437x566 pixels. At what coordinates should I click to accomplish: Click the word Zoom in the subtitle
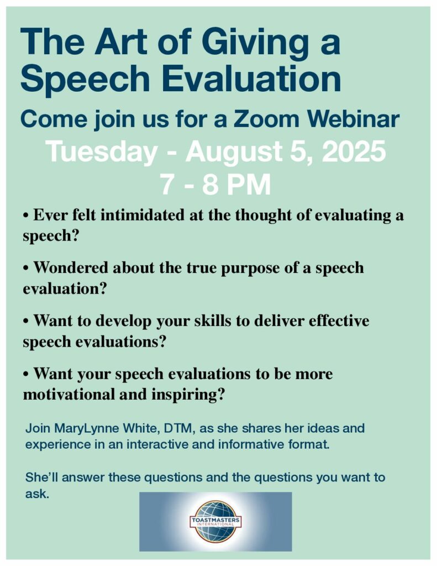[x=266, y=119]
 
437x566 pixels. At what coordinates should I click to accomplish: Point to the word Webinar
[x=352, y=119]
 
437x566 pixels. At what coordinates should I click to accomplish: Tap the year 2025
[x=354, y=151]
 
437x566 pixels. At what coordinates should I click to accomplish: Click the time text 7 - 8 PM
[x=216, y=185]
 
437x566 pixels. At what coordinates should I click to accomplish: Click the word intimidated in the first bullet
[x=144, y=215]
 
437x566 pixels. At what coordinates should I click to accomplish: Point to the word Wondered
[x=71, y=268]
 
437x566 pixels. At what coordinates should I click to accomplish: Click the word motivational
[x=69, y=394]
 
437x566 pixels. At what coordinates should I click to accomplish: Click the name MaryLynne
[x=87, y=429]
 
